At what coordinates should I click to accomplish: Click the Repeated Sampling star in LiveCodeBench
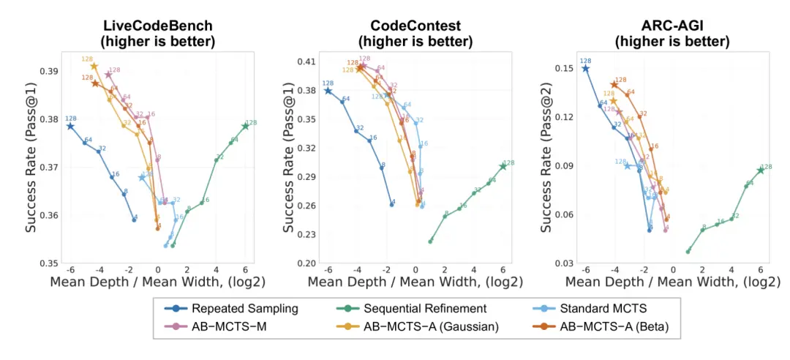pos(70,126)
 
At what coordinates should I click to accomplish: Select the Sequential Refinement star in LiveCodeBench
pos(246,126)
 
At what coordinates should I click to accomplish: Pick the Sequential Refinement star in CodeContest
pos(503,166)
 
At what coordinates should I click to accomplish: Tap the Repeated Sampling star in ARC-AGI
pos(585,68)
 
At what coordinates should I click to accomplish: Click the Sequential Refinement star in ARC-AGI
pos(761,170)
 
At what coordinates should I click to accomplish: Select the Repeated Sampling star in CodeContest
pos(328,91)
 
